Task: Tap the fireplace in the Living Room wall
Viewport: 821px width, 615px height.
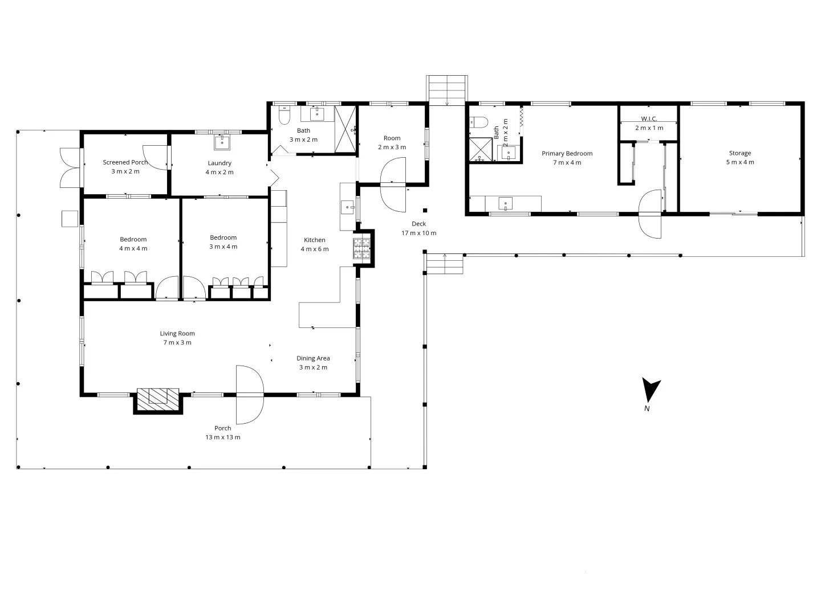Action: click(158, 397)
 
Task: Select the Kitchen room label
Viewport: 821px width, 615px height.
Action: click(314, 240)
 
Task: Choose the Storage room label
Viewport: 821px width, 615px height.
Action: click(740, 153)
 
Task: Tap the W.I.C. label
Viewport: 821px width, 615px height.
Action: click(649, 118)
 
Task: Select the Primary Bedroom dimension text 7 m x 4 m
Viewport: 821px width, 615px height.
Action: click(567, 163)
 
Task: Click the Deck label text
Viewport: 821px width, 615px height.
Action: click(418, 224)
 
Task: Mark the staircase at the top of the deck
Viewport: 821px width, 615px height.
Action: click(447, 90)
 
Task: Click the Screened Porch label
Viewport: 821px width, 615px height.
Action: click(125, 162)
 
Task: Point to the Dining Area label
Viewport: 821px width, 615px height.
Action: click(313, 358)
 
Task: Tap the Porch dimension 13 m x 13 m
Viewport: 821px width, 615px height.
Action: click(223, 437)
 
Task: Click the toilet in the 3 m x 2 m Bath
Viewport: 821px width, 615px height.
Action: click(285, 116)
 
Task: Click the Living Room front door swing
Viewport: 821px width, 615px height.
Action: click(249, 395)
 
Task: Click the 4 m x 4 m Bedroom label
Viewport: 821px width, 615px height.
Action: click(133, 239)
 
